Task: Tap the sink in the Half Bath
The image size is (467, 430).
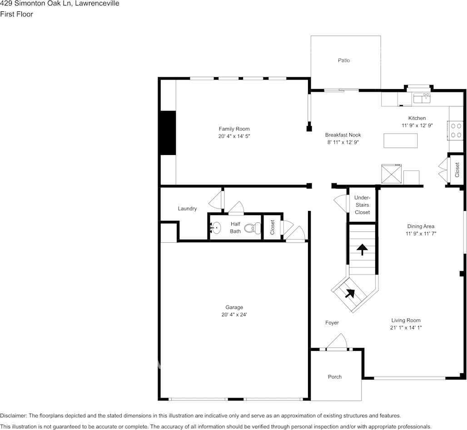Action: pyautogui.click(x=216, y=227)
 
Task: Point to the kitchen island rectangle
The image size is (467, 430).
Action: pyautogui.click(x=400, y=140)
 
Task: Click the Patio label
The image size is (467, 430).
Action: pyautogui.click(x=344, y=60)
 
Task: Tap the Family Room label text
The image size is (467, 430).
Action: pyautogui.click(x=234, y=129)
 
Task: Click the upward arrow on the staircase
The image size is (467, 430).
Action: pyautogui.click(x=362, y=249)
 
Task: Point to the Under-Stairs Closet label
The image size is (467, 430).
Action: pyautogui.click(x=362, y=205)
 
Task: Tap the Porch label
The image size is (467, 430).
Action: pyautogui.click(x=335, y=377)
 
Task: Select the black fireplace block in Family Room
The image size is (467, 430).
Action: pyautogui.click(x=168, y=133)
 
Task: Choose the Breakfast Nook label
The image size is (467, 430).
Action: pyautogui.click(x=343, y=135)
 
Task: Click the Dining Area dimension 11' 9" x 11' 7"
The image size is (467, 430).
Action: pyautogui.click(x=421, y=234)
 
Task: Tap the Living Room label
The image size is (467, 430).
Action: pyautogui.click(x=406, y=320)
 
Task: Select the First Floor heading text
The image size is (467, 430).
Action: pyautogui.click(x=16, y=14)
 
